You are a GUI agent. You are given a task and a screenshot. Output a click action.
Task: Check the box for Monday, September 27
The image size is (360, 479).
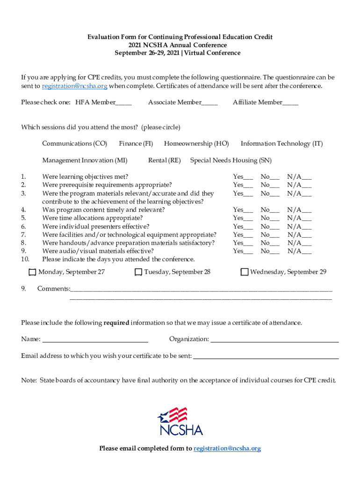tap(32, 272)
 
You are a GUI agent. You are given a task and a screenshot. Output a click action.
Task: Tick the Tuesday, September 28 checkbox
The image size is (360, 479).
tap(138, 272)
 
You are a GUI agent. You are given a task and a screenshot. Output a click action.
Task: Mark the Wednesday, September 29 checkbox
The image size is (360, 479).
tap(244, 272)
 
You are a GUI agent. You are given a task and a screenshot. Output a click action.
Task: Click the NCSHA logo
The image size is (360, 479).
tap(180, 421)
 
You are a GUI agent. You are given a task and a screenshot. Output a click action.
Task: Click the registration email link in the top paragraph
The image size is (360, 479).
tap(75, 86)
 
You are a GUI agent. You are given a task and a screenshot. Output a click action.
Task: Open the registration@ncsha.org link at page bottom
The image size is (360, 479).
tap(227, 449)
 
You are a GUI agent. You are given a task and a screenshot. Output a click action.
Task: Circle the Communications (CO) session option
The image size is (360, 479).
tap(75, 144)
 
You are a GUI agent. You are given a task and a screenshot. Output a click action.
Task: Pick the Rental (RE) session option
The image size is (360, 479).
tap(164, 160)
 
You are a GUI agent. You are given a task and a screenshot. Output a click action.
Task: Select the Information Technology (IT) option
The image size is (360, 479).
tap(281, 144)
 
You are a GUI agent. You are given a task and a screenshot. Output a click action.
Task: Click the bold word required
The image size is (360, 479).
tap(116, 323)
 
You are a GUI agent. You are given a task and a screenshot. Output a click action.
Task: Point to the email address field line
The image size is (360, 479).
tap(266, 356)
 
